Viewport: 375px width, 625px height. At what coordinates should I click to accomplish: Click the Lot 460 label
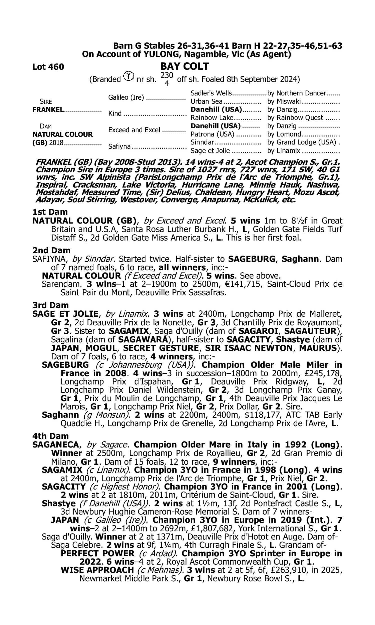pos(48,67)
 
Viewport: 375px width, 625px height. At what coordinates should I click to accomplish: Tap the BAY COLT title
pos(185,66)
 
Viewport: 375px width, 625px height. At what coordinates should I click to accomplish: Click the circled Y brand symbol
pos(129,76)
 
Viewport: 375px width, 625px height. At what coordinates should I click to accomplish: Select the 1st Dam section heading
pos(50,212)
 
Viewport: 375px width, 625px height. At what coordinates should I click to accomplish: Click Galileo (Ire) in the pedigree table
pos(126,97)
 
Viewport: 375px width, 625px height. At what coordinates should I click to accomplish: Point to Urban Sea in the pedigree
pos(206,101)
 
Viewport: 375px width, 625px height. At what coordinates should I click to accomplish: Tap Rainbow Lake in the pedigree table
pos(212,118)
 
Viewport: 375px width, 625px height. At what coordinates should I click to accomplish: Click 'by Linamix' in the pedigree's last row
pos(284,151)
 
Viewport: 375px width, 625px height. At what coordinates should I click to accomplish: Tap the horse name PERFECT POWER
pos(98,554)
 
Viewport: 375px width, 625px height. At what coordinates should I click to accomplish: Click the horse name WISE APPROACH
pos(97,570)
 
